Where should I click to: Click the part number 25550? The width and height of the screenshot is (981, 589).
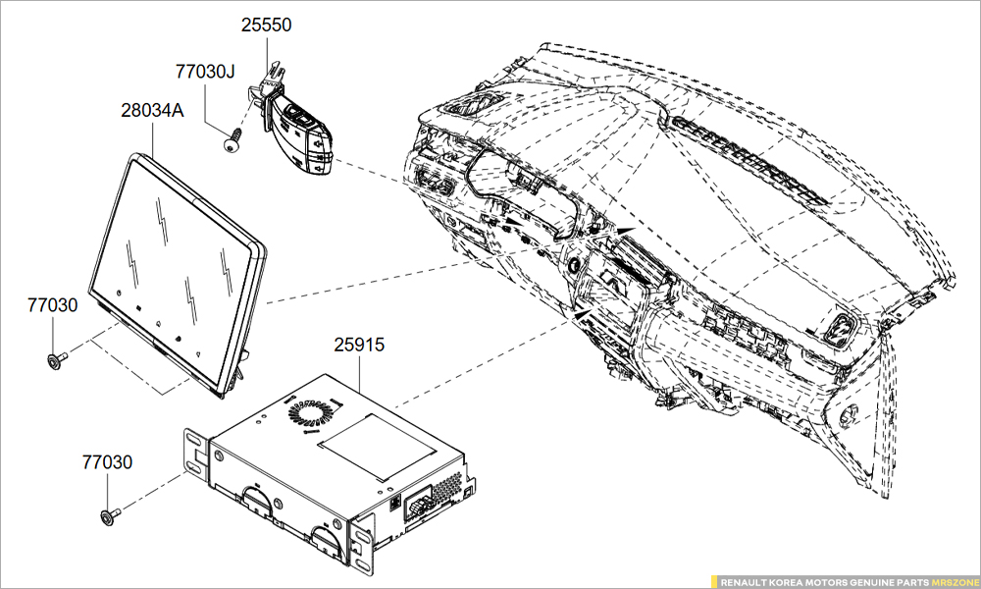tap(267, 25)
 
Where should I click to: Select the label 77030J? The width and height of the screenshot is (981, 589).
tap(206, 72)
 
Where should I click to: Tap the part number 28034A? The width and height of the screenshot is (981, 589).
tap(152, 111)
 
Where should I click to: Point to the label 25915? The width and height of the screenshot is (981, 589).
tap(359, 346)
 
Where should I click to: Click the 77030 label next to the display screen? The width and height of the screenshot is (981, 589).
tap(52, 305)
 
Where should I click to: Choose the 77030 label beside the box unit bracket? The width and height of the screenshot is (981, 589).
tap(107, 461)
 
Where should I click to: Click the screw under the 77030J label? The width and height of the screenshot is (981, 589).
tap(232, 143)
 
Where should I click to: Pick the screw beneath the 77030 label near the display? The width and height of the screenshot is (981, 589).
tap(55, 360)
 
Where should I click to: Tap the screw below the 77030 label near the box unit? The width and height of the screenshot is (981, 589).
tap(109, 513)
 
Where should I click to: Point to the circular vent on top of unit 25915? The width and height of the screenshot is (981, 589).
tap(311, 413)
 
